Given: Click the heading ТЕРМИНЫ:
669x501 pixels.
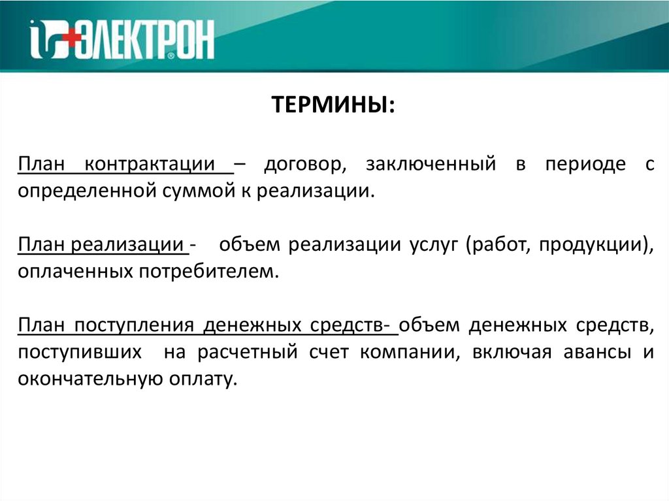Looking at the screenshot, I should [x=333, y=105].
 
